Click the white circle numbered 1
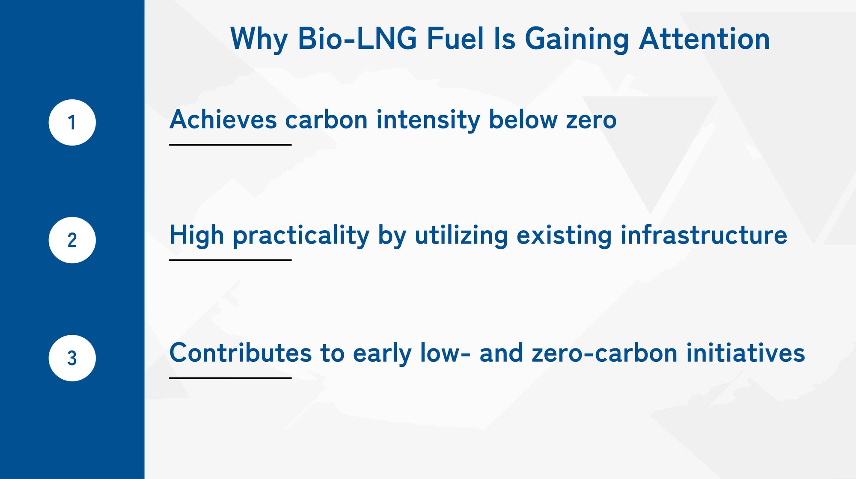pos(72,122)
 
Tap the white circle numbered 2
pos(72,240)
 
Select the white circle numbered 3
pos(72,358)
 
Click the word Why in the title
pos(259,39)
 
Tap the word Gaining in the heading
pos(577,39)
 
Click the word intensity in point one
pos(428,120)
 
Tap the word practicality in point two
pos(301,236)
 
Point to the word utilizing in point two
pos(461,236)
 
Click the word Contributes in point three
pos(241,353)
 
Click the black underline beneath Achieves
pos(230,145)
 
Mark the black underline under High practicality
pos(230,260)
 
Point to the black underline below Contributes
pos(230,378)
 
